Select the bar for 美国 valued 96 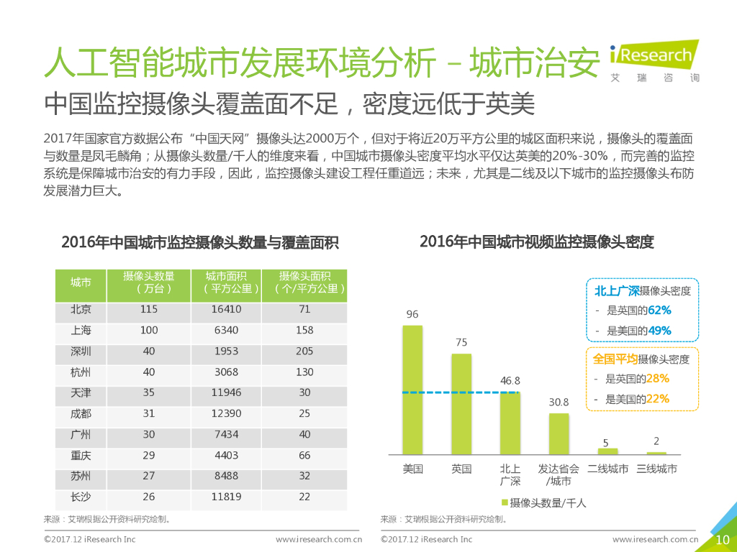tap(412, 390)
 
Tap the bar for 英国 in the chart tap(461, 404)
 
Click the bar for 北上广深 tap(510, 423)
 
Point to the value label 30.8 tap(559, 402)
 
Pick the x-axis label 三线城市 tap(656, 469)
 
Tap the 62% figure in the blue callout tap(659, 310)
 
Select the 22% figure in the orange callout tap(657, 399)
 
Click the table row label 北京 tap(81, 310)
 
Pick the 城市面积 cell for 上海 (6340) tap(226, 331)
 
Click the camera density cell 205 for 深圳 tap(304, 351)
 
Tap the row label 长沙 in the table tap(81, 497)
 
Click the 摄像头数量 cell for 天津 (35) tap(149, 393)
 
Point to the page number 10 tap(722, 540)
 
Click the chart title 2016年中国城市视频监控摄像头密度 tap(536, 242)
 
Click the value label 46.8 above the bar tap(510, 380)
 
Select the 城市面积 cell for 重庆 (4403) tap(226, 456)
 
